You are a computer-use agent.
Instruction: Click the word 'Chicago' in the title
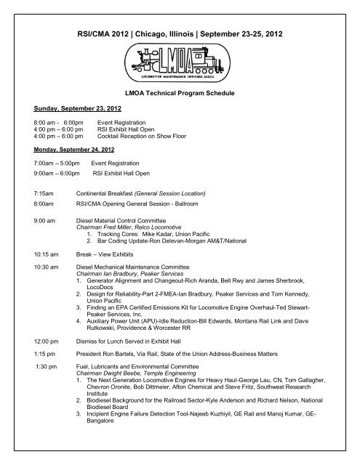point(150,34)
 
